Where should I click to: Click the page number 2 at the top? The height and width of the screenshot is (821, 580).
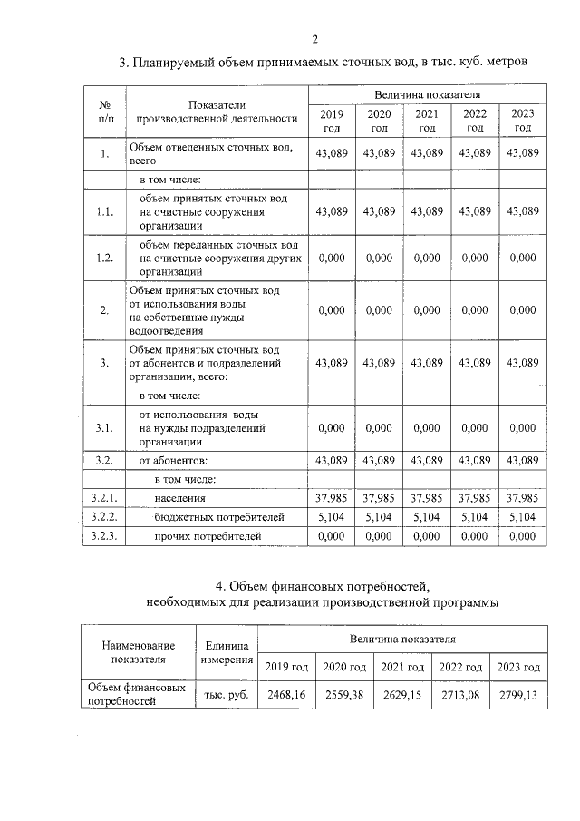314,38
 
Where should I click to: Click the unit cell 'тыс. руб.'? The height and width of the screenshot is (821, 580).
227,695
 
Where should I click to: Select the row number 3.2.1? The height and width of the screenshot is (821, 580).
105,498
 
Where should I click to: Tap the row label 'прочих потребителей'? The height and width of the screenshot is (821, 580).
208,537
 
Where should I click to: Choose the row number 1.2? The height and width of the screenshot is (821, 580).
105,258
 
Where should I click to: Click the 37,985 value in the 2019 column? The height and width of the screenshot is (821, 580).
331,498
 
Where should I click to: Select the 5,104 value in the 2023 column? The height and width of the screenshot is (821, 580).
523,517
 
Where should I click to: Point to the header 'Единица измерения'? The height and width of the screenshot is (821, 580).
227,651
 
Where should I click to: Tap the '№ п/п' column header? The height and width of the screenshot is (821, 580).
105,112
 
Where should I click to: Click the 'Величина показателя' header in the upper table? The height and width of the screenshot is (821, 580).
427,94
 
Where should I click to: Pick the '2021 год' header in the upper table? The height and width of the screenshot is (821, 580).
427,121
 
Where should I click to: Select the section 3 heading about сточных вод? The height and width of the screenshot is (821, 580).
324,63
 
